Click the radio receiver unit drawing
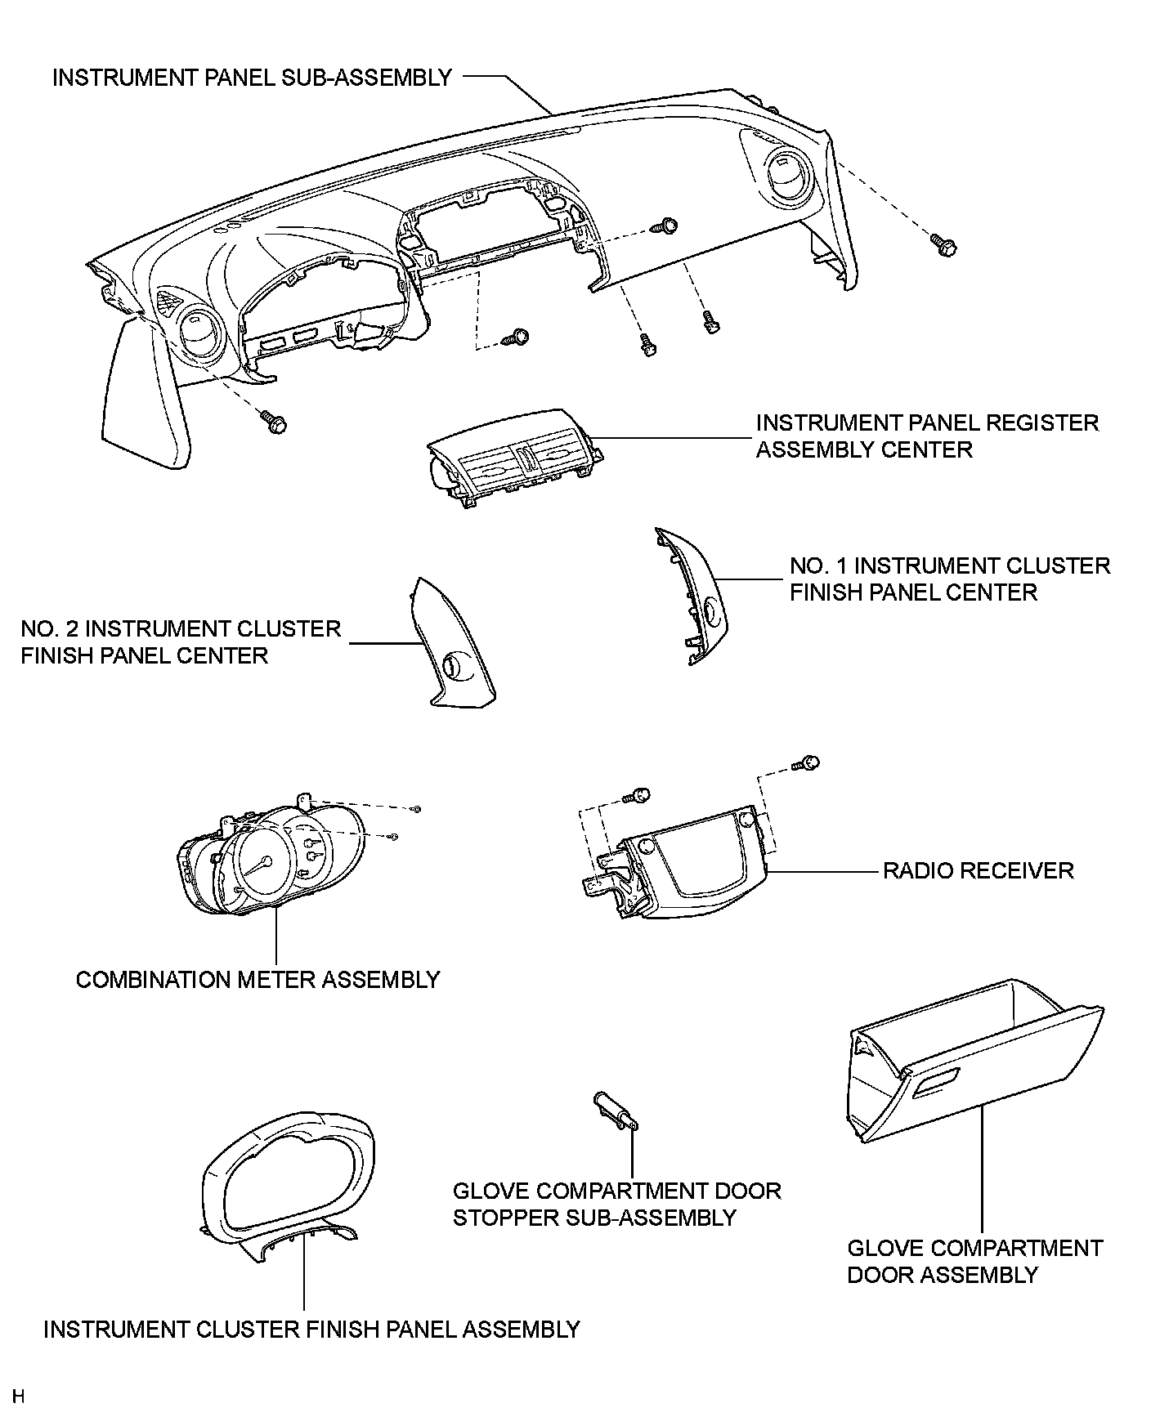click(687, 874)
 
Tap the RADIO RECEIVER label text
click(978, 870)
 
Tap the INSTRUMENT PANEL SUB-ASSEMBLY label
click(252, 78)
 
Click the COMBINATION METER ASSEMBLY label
click(258, 979)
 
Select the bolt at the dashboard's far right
click(943, 244)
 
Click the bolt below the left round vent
click(275, 422)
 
